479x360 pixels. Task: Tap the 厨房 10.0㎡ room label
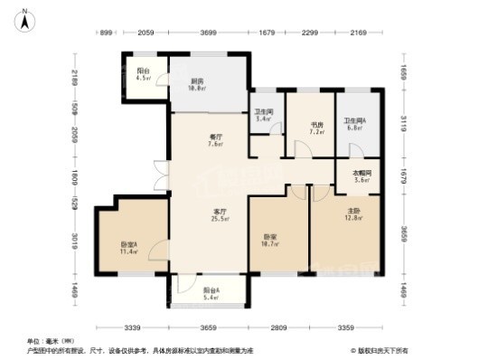tap(198, 84)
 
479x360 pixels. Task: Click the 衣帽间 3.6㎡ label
tap(360, 176)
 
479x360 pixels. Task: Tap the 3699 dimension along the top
tap(210, 33)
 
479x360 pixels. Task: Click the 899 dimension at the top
tap(106, 33)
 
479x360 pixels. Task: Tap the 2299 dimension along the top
tap(308, 33)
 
